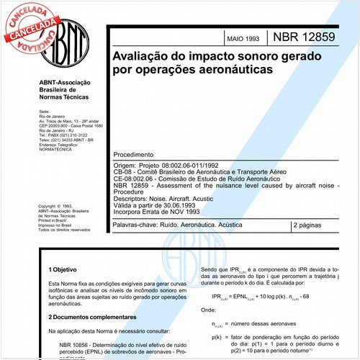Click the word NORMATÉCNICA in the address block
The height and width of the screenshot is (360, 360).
(60, 151)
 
